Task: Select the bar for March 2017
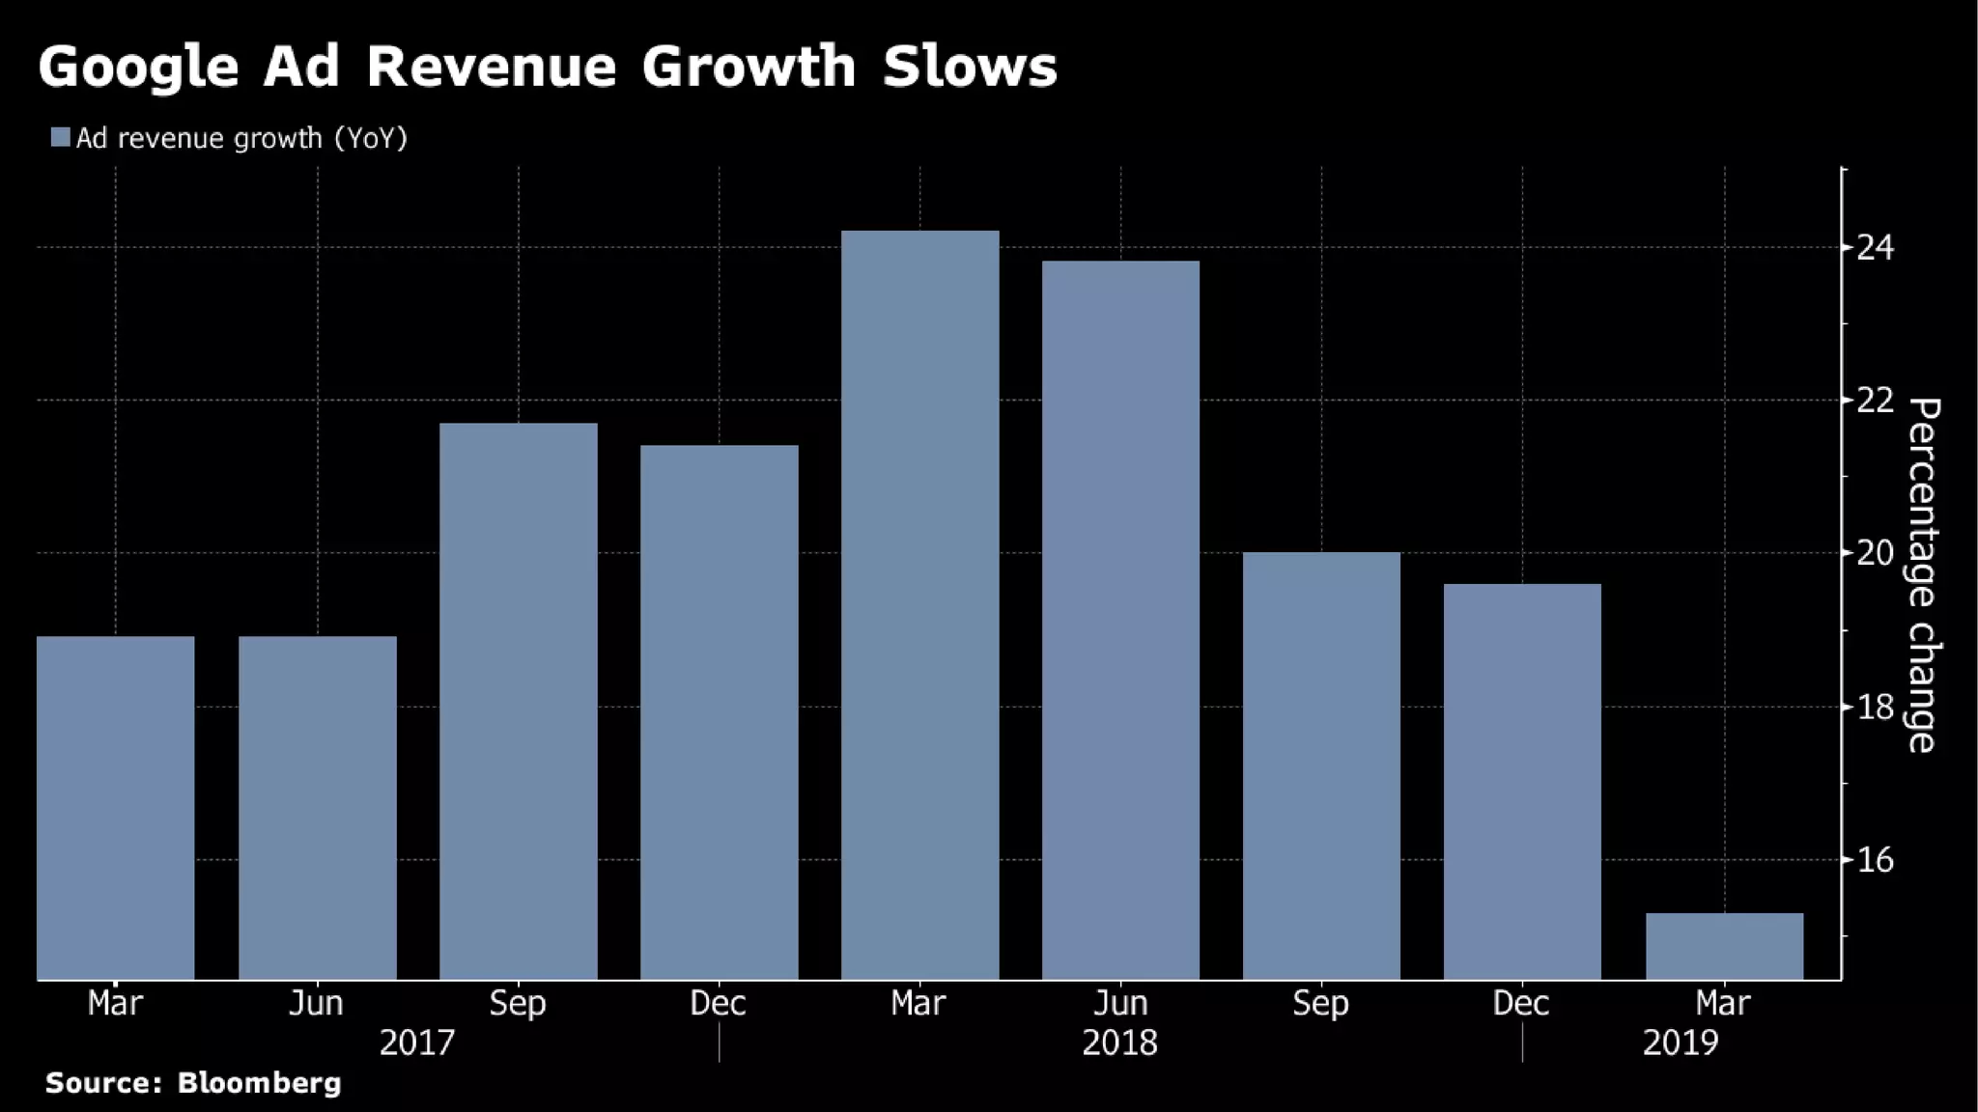click(116, 808)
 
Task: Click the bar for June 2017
click(318, 808)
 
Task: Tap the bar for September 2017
click(519, 702)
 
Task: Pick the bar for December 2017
click(720, 712)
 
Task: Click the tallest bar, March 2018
click(920, 605)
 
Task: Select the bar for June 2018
click(1120, 621)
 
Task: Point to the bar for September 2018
click(1321, 765)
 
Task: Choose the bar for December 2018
click(1522, 782)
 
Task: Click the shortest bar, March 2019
click(1724, 946)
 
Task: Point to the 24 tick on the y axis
click(1875, 248)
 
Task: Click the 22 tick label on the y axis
click(1875, 400)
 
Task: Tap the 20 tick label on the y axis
click(1875, 553)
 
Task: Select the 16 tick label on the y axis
click(1875, 860)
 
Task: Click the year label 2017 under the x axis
click(416, 1043)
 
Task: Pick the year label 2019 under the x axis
click(1681, 1043)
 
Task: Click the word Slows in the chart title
click(970, 67)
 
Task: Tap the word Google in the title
click(138, 67)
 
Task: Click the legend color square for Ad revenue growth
click(61, 138)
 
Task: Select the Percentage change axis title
click(1923, 574)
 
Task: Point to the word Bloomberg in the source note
click(259, 1083)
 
